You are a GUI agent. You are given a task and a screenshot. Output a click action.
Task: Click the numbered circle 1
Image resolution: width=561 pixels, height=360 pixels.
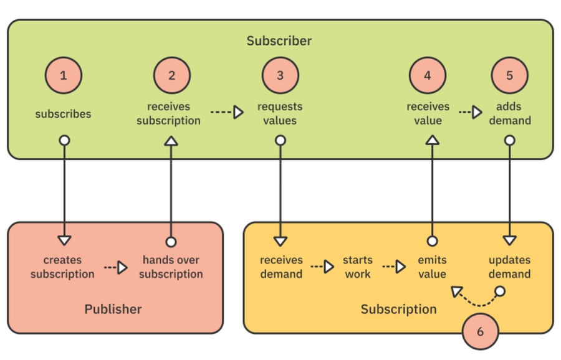click(63, 75)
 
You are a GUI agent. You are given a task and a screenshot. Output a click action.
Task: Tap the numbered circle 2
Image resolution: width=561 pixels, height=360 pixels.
click(171, 75)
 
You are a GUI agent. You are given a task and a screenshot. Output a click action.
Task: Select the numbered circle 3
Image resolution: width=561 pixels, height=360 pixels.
click(280, 75)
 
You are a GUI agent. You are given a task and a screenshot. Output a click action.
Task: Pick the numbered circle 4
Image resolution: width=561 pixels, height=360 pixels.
click(428, 75)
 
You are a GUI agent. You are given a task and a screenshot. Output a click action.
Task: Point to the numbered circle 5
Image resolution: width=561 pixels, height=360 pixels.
click(509, 75)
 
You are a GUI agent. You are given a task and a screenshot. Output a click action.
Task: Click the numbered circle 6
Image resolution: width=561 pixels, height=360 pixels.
click(480, 332)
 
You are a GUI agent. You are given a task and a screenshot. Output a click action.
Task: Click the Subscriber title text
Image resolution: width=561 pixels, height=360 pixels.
click(279, 41)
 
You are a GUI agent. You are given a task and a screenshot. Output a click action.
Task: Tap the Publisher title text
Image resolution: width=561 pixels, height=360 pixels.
click(113, 309)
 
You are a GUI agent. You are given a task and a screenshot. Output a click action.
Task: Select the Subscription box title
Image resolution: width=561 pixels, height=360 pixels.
click(398, 309)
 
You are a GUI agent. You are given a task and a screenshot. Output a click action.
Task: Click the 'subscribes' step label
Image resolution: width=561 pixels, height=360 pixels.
click(63, 114)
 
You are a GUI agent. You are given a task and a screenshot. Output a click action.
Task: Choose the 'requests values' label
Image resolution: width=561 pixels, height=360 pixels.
click(280, 113)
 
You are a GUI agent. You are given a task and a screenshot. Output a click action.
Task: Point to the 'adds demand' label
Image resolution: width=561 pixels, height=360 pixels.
click(509, 113)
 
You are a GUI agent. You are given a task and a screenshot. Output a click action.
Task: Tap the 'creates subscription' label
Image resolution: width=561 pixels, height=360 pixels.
click(62, 267)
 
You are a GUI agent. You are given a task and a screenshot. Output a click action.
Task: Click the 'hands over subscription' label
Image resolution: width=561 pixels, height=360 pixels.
click(171, 267)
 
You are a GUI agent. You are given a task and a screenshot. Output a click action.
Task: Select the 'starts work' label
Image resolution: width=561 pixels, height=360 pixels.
click(357, 267)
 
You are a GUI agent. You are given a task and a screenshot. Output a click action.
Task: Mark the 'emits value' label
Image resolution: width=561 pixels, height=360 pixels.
click(432, 267)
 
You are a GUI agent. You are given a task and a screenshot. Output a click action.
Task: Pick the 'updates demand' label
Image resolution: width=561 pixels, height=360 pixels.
click(509, 267)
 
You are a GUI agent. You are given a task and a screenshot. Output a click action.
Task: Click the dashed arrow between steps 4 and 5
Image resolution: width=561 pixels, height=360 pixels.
click(471, 113)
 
